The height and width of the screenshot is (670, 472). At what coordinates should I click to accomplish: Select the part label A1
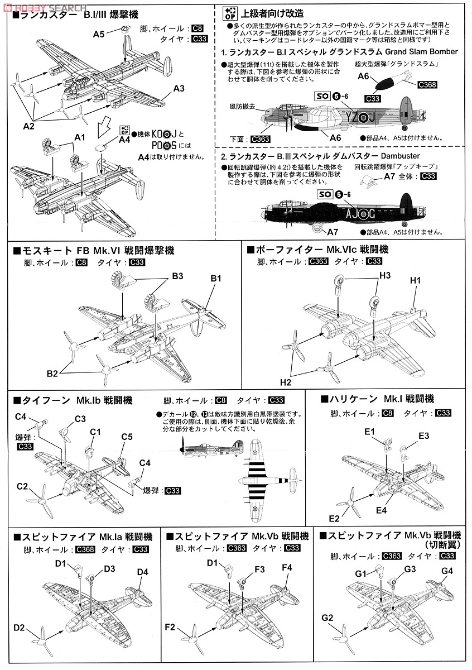80,137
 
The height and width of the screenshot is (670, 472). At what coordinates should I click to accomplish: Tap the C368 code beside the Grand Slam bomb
427,85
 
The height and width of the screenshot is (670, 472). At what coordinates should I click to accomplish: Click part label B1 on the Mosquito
216,278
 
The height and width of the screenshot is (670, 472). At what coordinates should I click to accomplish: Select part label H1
415,280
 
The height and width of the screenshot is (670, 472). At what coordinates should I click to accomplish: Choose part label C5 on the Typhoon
127,436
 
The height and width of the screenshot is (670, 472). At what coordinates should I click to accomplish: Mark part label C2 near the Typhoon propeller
22,487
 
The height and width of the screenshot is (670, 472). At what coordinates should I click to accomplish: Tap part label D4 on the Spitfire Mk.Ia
142,571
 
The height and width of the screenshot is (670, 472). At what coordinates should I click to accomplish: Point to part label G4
447,571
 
